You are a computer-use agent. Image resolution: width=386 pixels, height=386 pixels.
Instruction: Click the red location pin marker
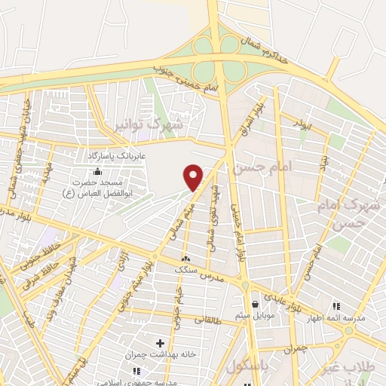click(194, 177)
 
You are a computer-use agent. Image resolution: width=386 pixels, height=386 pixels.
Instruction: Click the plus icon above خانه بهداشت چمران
click(160, 344)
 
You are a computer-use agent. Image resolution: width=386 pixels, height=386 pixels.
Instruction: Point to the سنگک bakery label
click(185, 269)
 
